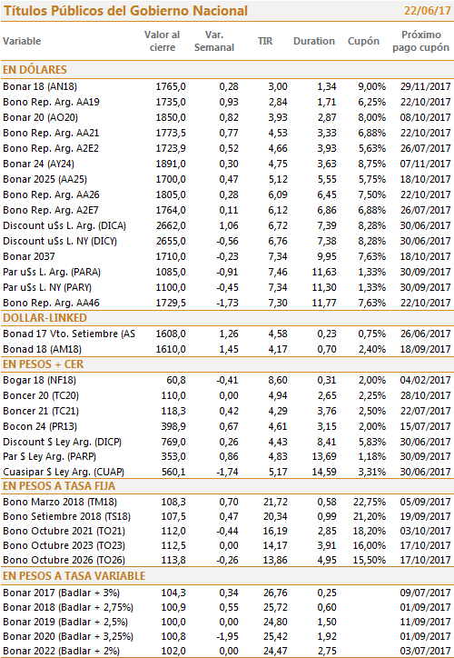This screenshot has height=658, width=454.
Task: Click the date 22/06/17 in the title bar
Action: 427,11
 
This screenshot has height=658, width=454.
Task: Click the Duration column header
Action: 314,41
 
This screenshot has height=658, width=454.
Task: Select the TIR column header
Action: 265,41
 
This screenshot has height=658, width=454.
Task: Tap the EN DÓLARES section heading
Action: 35,70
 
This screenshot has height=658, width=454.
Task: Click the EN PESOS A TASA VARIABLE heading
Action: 74,576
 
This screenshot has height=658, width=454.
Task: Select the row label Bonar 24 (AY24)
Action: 38,164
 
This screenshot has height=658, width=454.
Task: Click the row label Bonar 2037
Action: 29,256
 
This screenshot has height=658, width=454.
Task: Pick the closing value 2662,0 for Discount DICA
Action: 171,225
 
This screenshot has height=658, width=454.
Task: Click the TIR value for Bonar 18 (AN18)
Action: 278,87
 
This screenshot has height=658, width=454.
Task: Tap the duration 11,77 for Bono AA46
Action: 324,303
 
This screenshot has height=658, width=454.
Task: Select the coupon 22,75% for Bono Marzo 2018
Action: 370,502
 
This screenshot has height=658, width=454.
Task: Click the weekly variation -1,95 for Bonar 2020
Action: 227,636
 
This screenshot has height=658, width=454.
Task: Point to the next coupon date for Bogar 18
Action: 425,380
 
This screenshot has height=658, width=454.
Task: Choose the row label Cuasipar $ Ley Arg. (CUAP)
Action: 64,472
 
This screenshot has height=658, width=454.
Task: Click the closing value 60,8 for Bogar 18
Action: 176,380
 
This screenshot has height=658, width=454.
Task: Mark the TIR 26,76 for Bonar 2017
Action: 275,593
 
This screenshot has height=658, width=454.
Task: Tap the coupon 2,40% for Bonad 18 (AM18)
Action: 372,349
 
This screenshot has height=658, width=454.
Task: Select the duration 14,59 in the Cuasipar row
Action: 324,472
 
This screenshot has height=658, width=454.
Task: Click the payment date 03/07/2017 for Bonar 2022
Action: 425,652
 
